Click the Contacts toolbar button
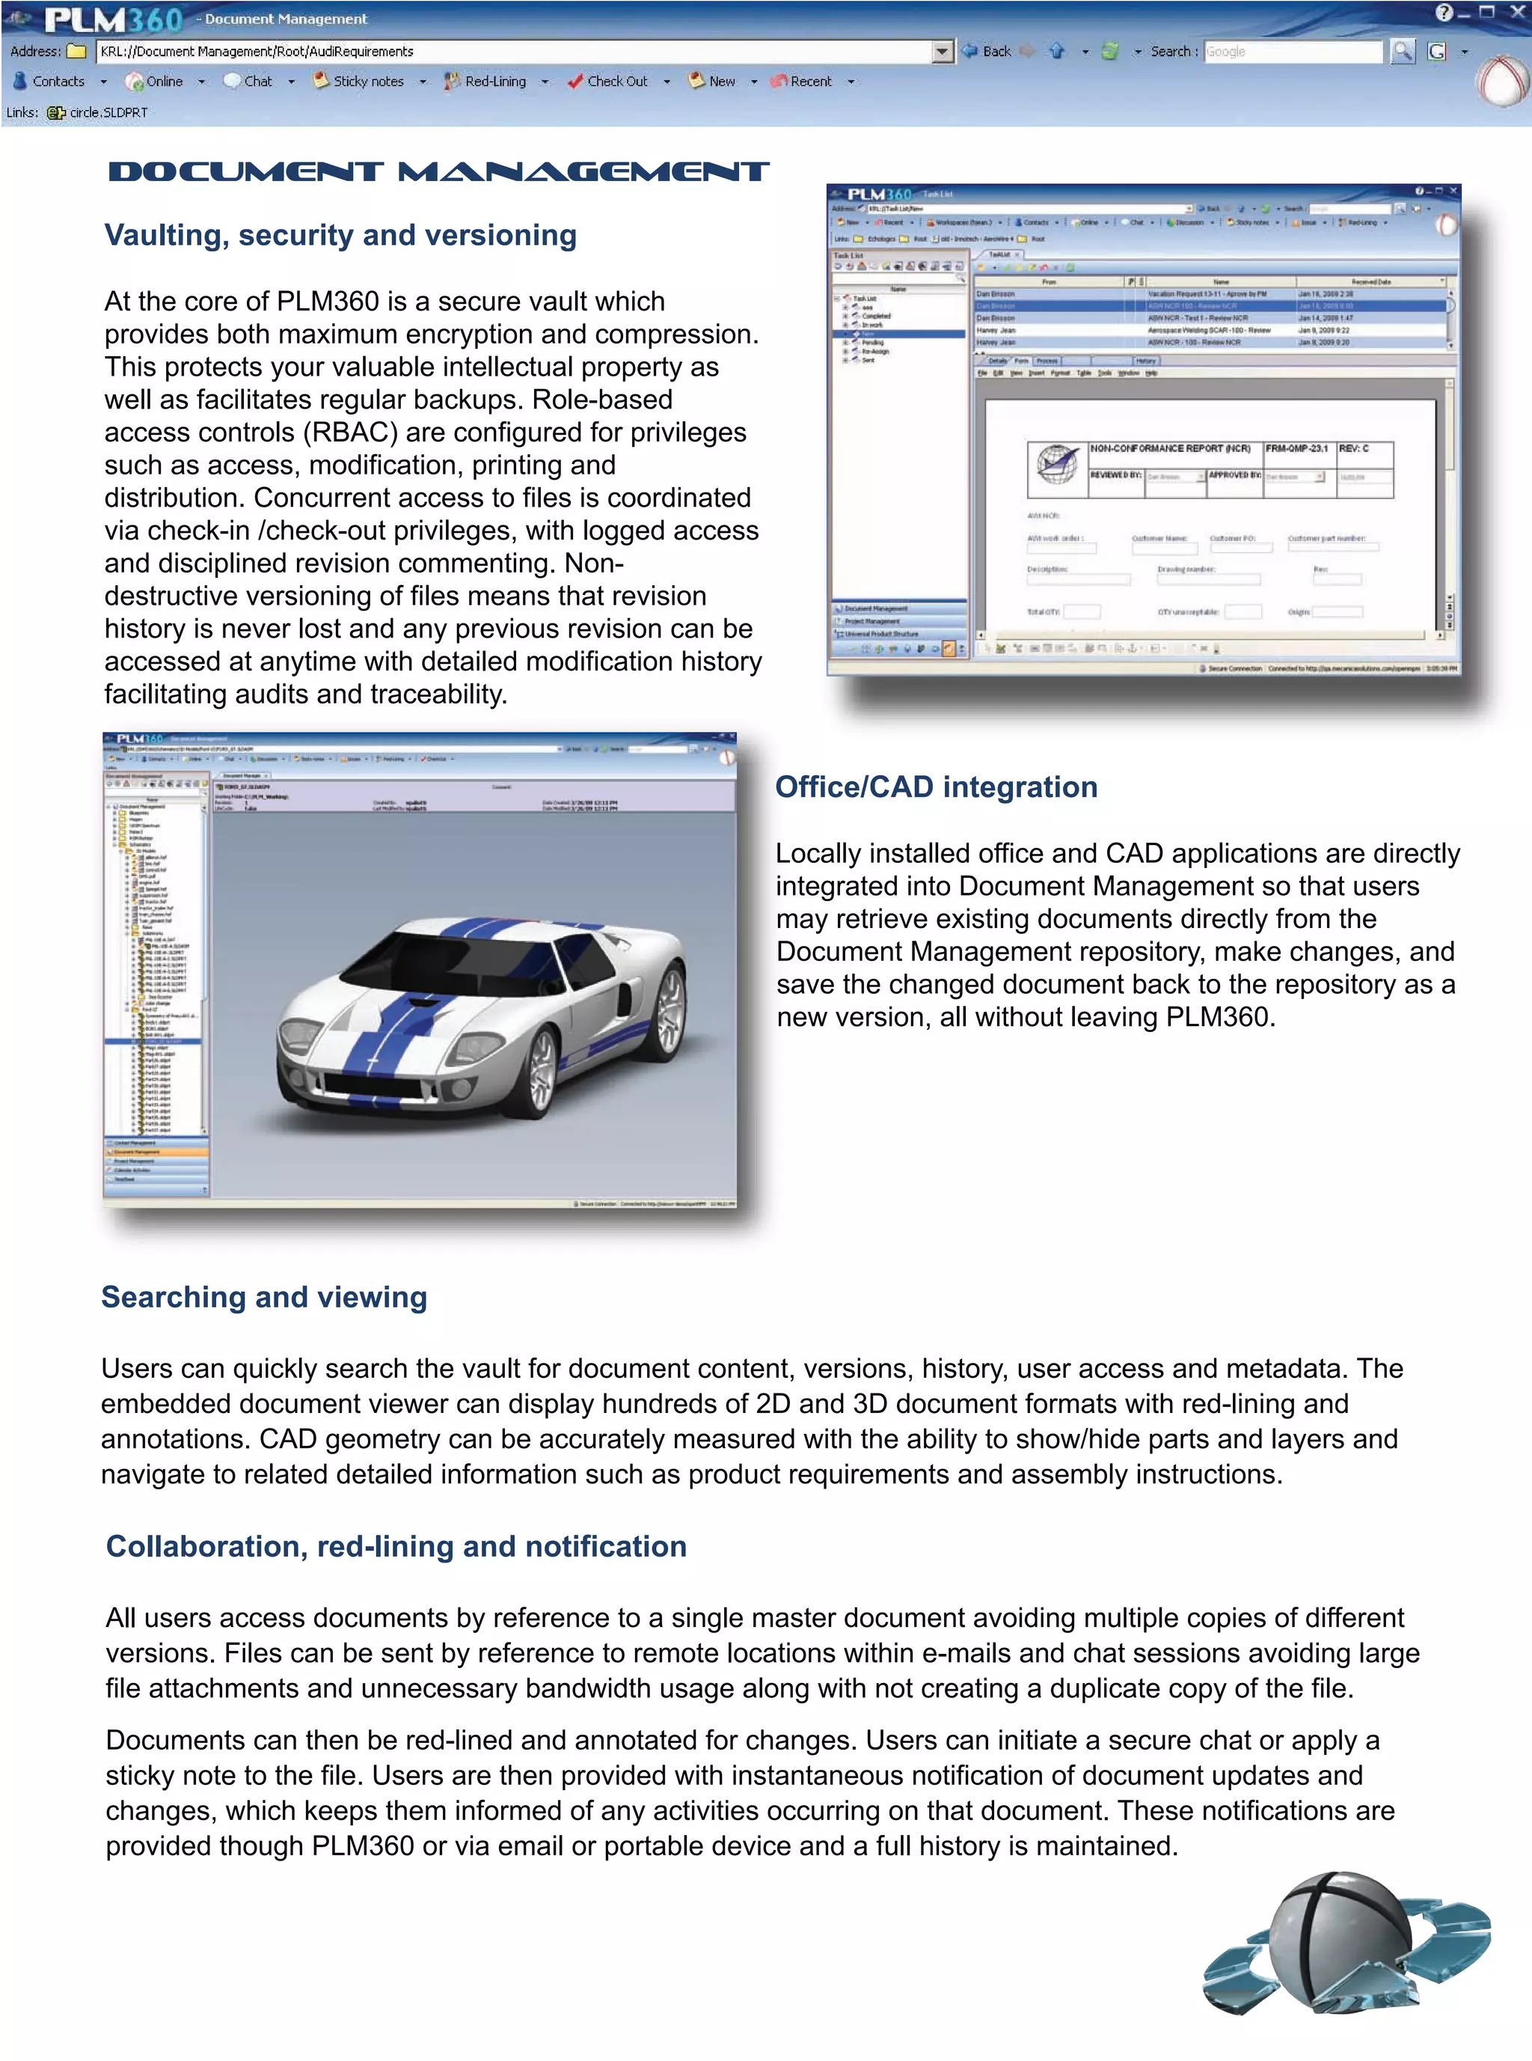(50, 82)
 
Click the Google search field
(1291, 52)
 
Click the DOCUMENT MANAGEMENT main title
(438, 171)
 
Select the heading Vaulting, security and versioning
(340, 236)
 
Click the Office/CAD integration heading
(936, 787)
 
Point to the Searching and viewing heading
(264, 1297)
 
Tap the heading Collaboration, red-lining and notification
(396, 1546)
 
